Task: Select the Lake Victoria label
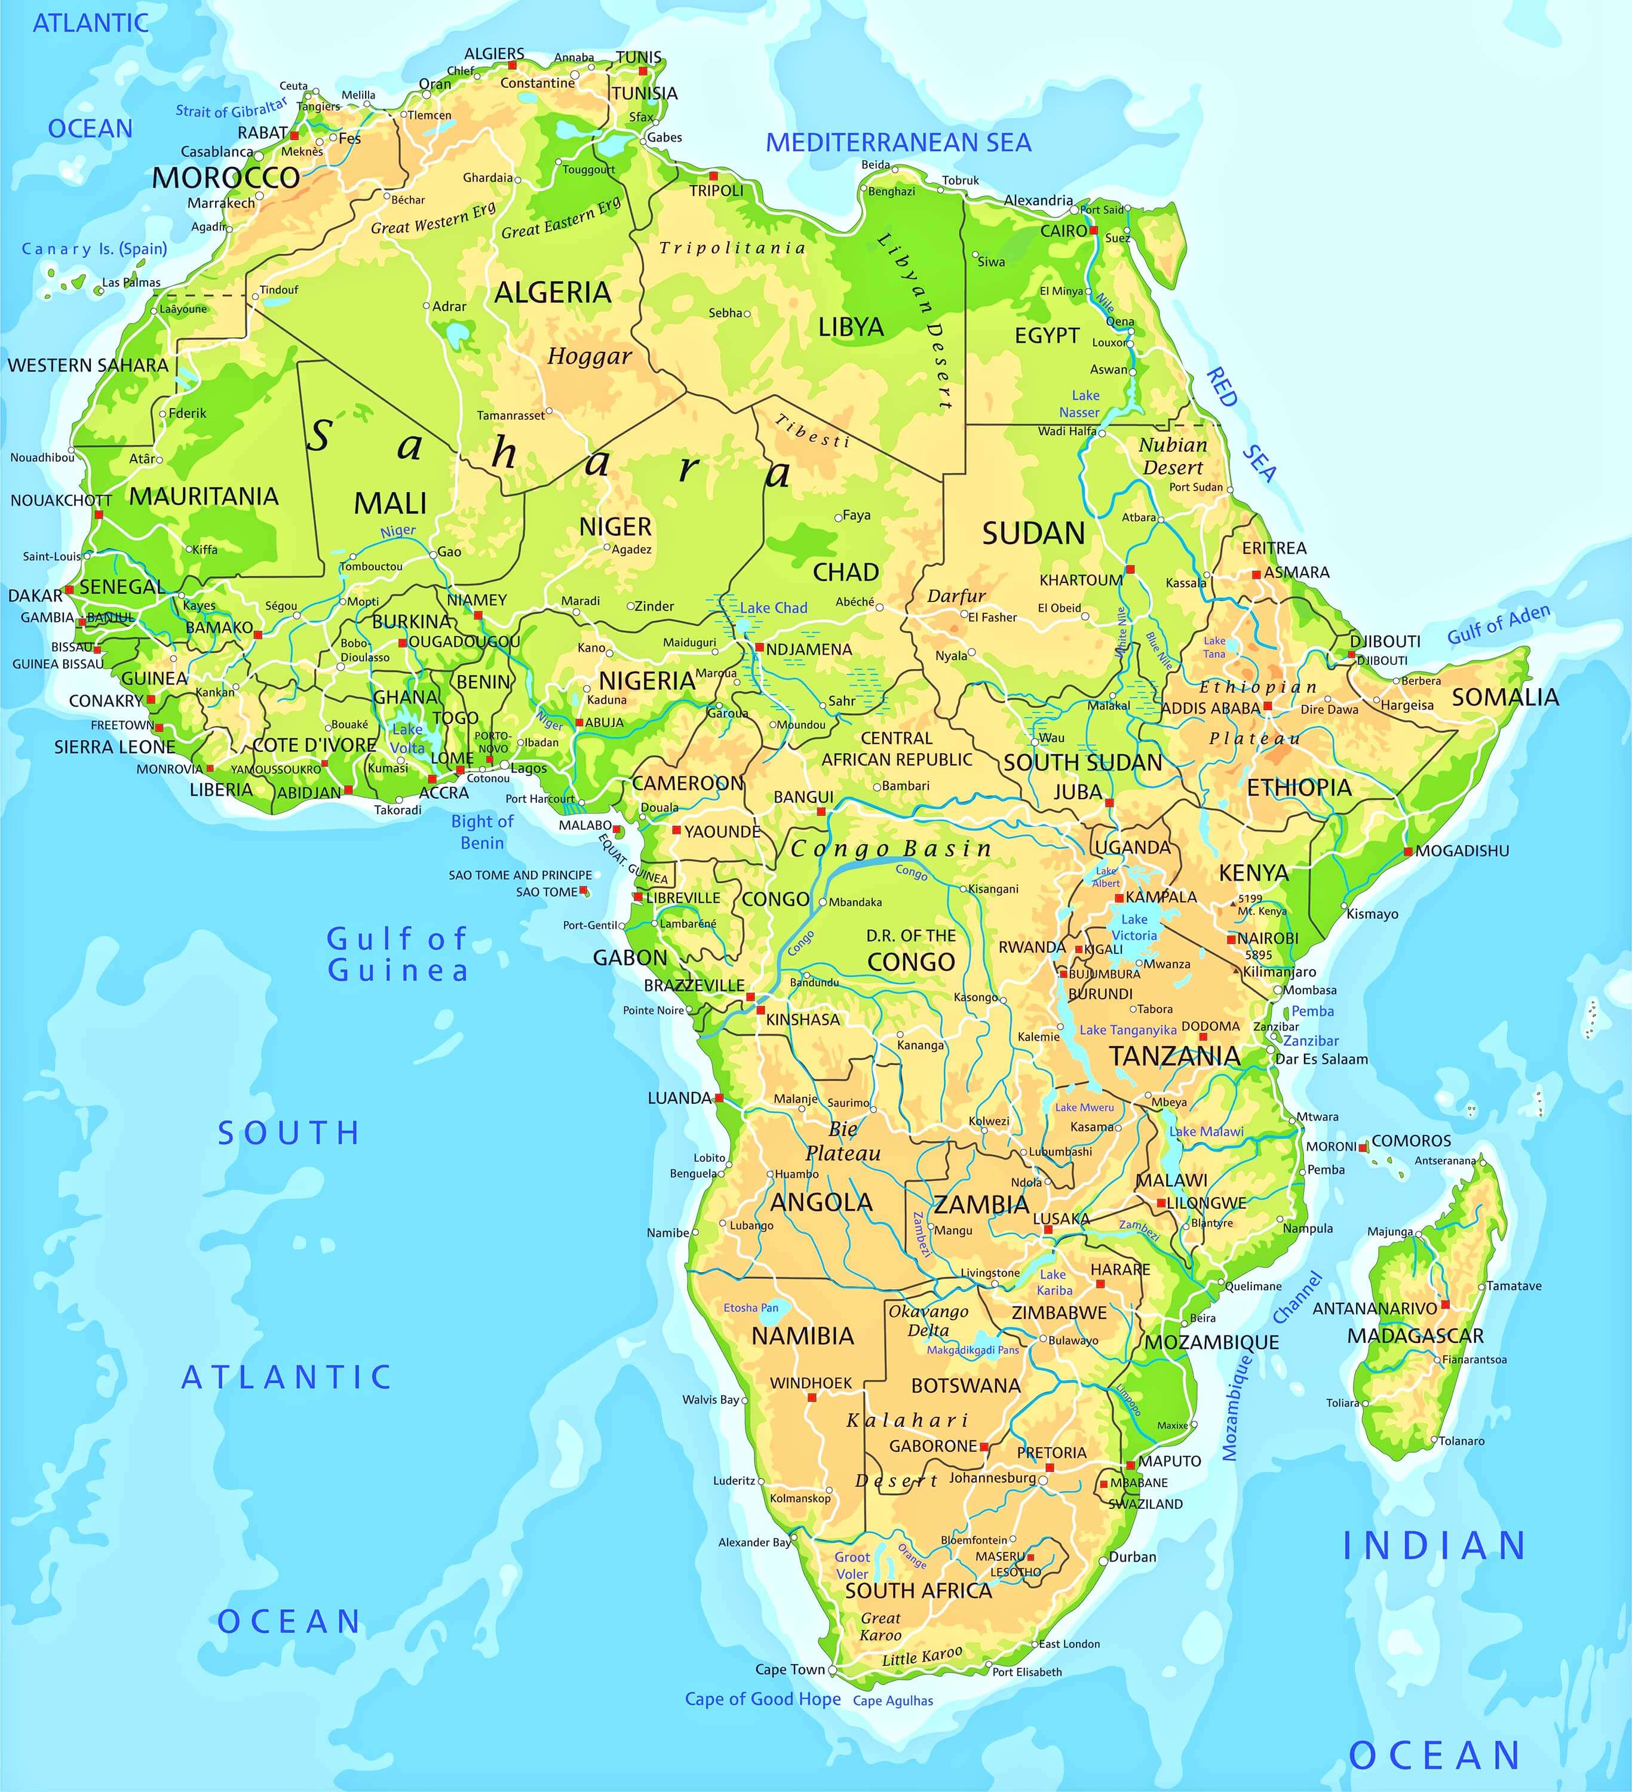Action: pos(1134,927)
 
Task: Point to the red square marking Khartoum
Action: pos(1130,569)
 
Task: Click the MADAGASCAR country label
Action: pos(1415,1335)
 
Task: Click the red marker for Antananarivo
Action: pos(1444,1304)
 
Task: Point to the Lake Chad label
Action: pos(774,608)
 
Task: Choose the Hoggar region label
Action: pos(590,357)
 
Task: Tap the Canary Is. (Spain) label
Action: pos(94,249)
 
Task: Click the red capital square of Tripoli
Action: pos(713,176)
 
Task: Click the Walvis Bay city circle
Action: pos(745,1400)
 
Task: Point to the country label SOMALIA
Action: pos(1505,697)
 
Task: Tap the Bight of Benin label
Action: pos(482,831)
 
